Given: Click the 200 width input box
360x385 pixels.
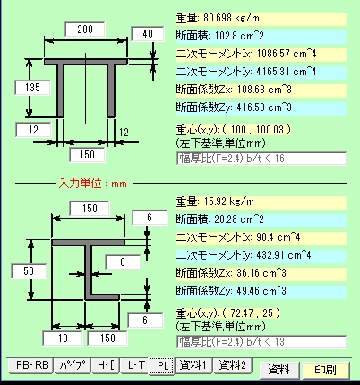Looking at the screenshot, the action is point(85,30).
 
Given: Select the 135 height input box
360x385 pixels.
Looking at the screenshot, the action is point(32,88).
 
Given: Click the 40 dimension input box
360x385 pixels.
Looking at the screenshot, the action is point(148,34).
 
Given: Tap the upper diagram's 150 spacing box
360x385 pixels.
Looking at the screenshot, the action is point(87,155).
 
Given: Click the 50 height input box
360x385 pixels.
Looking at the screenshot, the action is point(29,271).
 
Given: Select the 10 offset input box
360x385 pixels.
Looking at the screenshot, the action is point(63,338).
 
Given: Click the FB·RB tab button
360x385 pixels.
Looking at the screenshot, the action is point(31,365).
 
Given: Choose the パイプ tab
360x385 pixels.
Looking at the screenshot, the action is point(73,365).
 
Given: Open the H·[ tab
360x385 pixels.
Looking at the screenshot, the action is point(106,365).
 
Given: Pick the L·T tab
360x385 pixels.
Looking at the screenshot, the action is point(135,365).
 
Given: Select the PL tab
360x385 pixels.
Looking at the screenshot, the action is point(162,365).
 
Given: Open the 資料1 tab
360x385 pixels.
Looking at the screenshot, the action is point(193,365).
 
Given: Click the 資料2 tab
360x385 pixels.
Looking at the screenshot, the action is point(233,365).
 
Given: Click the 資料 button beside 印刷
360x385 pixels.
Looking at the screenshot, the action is point(279,370).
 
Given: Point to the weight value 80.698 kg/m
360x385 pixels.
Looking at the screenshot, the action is point(232,18).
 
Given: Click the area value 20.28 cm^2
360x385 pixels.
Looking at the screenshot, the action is point(239,219).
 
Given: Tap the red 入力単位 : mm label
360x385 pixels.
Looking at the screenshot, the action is point(93,184).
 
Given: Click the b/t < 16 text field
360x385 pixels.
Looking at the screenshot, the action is point(261,158).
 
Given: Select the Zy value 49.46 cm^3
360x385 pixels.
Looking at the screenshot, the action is point(261,291).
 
